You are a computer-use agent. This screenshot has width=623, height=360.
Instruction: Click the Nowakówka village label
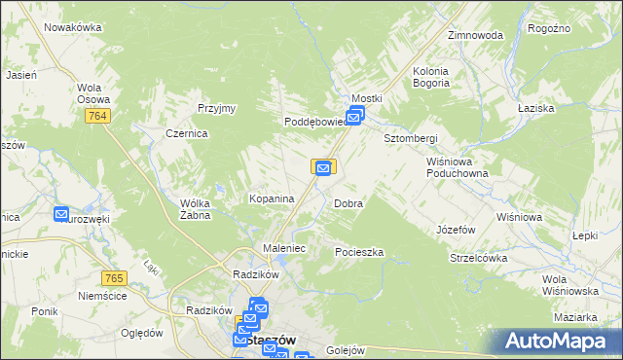pyautogui.click(x=73, y=27)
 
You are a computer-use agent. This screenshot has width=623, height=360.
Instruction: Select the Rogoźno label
pyautogui.click(x=548, y=29)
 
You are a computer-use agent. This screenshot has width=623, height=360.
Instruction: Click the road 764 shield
pyautogui.click(x=95, y=117)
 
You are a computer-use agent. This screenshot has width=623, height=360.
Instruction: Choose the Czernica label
pyautogui.click(x=186, y=134)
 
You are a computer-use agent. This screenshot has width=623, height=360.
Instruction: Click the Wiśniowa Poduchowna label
pyautogui.click(x=456, y=167)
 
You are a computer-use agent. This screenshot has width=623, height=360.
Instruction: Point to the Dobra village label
pyautogui.click(x=348, y=204)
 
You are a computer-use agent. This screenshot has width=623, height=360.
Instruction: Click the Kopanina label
pyautogui.click(x=272, y=198)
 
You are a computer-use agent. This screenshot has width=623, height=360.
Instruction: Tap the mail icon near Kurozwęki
pyautogui.click(x=61, y=214)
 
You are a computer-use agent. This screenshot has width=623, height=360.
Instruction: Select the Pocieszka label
pyautogui.click(x=359, y=252)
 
